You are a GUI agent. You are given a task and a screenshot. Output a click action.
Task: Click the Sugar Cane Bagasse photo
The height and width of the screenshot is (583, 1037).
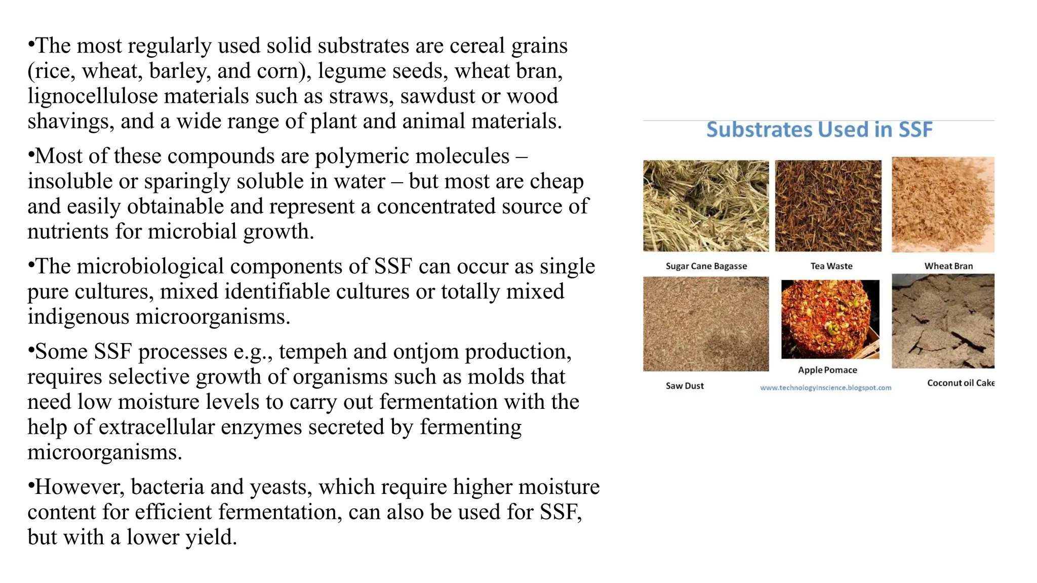(x=706, y=206)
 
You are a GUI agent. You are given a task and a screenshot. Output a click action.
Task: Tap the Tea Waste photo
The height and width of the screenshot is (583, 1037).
(x=828, y=206)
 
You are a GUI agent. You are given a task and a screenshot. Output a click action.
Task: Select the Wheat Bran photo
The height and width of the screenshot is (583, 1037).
(x=943, y=204)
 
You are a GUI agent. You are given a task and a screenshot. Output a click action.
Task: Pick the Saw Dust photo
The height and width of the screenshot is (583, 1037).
(x=706, y=324)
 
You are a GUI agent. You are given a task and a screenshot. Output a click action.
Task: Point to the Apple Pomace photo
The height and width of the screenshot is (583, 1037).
(x=830, y=319)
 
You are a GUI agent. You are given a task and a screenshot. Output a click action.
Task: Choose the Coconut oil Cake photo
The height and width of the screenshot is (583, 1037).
(x=943, y=321)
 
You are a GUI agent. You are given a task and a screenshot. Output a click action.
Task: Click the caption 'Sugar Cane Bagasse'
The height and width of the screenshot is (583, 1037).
(x=706, y=266)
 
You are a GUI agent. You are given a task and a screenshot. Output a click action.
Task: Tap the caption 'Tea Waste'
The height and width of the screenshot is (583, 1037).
(x=831, y=266)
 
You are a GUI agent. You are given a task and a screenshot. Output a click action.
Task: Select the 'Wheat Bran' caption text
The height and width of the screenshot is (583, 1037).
(x=948, y=266)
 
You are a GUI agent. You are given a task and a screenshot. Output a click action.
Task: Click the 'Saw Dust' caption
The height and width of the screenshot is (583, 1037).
(x=685, y=386)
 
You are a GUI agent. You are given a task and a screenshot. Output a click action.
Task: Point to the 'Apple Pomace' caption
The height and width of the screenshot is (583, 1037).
(x=827, y=370)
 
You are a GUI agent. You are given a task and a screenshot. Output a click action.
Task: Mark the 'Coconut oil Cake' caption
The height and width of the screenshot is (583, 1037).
(x=961, y=383)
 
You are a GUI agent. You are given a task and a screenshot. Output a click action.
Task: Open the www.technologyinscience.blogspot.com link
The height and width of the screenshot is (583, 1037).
(x=825, y=388)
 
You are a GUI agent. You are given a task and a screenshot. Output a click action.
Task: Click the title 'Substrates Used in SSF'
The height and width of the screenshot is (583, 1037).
(x=819, y=130)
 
